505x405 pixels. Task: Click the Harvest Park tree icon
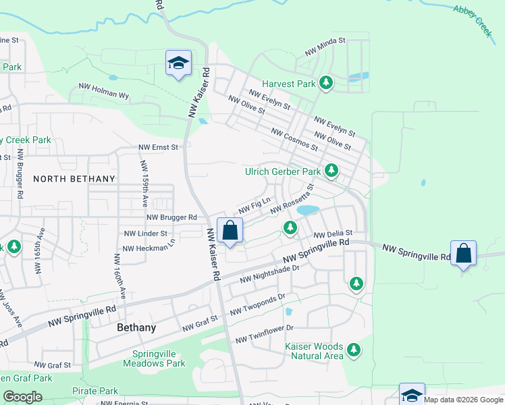click(x=327, y=83)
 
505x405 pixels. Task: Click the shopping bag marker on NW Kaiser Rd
click(x=230, y=231)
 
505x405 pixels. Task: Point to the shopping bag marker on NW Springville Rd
click(x=464, y=254)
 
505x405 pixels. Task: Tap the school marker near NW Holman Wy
click(x=178, y=63)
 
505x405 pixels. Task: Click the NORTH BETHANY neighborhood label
click(x=74, y=179)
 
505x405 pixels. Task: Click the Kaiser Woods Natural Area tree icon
click(x=353, y=350)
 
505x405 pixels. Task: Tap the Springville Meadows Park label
click(x=154, y=358)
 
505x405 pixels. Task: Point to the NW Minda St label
click(x=325, y=46)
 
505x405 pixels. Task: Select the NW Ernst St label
click(x=158, y=146)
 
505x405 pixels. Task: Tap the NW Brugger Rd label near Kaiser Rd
click(x=171, y=218)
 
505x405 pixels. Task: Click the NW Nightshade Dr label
click(x=269, y=273)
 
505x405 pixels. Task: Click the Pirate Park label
click(x=95, y=391)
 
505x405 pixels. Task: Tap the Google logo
click(x=22, y=397)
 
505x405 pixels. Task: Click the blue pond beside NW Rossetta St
click(x=308, y=210)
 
